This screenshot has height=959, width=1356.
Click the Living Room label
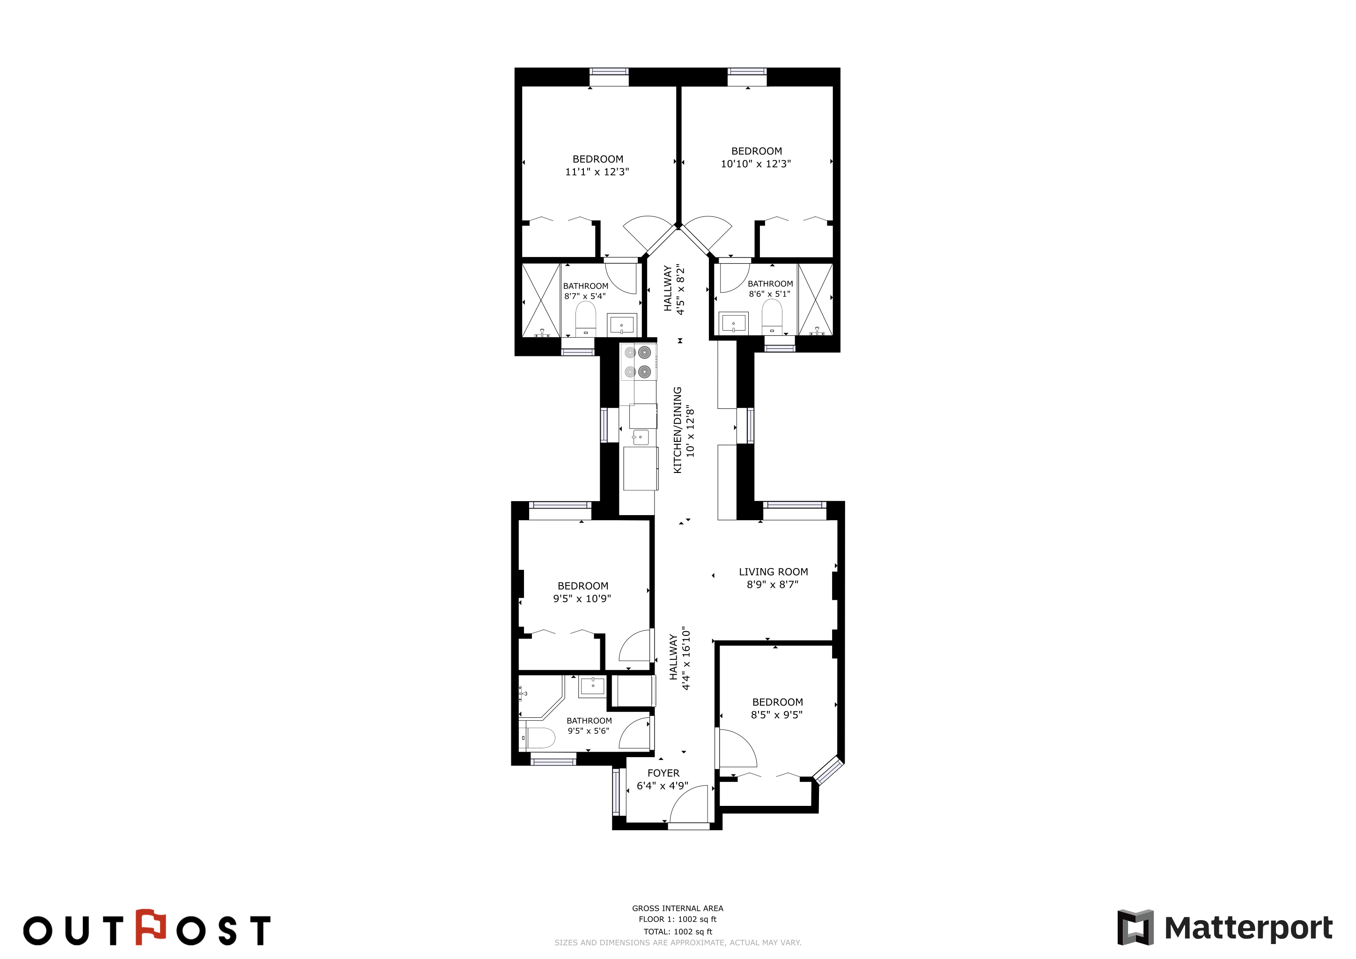(773, 572)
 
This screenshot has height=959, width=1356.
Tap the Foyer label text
(663, 773)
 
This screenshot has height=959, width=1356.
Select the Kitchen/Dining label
(678, 430)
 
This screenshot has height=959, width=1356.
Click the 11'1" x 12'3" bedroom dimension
(597, 172)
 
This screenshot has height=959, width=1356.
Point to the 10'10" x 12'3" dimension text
(756, 163)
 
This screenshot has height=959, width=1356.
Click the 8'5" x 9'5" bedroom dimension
(777, 715)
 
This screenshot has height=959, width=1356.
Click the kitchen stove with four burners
(638, 362)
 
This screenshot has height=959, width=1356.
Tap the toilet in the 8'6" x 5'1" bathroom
(772, 317)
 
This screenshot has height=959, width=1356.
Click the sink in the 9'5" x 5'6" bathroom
(592, 686)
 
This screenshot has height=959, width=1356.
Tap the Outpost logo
(147, 929)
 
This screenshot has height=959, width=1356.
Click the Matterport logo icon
(1135, 928)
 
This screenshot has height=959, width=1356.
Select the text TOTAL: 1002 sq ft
(678, 932)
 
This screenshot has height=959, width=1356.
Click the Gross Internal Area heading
(678, 908)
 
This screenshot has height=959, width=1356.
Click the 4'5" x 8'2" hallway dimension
(680, 289)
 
